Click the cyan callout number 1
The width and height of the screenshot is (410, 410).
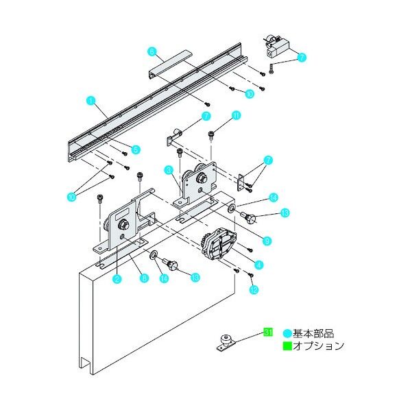click(90, 100)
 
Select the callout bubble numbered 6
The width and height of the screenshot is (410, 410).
click(152, 50)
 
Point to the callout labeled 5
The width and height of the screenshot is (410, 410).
click(136, 149)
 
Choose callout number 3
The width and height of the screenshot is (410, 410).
click(167, 169)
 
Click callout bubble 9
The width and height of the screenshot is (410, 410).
click(267, 240)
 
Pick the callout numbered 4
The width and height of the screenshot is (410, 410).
click(258, 263)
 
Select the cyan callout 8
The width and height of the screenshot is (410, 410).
click(143, 278)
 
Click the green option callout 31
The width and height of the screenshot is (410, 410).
click(269, 333)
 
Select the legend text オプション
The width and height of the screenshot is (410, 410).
click(317, 346)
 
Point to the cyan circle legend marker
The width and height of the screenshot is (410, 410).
click(288, 333)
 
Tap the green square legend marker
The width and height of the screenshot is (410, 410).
click(288, 346)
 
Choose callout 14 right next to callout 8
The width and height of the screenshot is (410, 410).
click(163, 278)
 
